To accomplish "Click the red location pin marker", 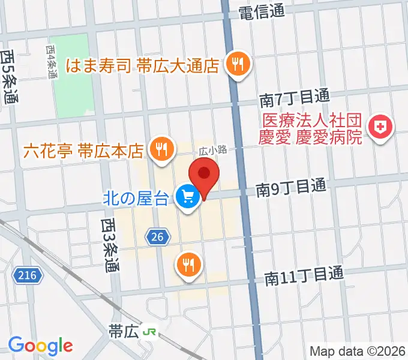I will coord(203,175).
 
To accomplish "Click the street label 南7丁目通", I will coord(294,97).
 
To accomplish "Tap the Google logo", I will coord(40,345).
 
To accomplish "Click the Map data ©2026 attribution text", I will coord(357,351).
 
